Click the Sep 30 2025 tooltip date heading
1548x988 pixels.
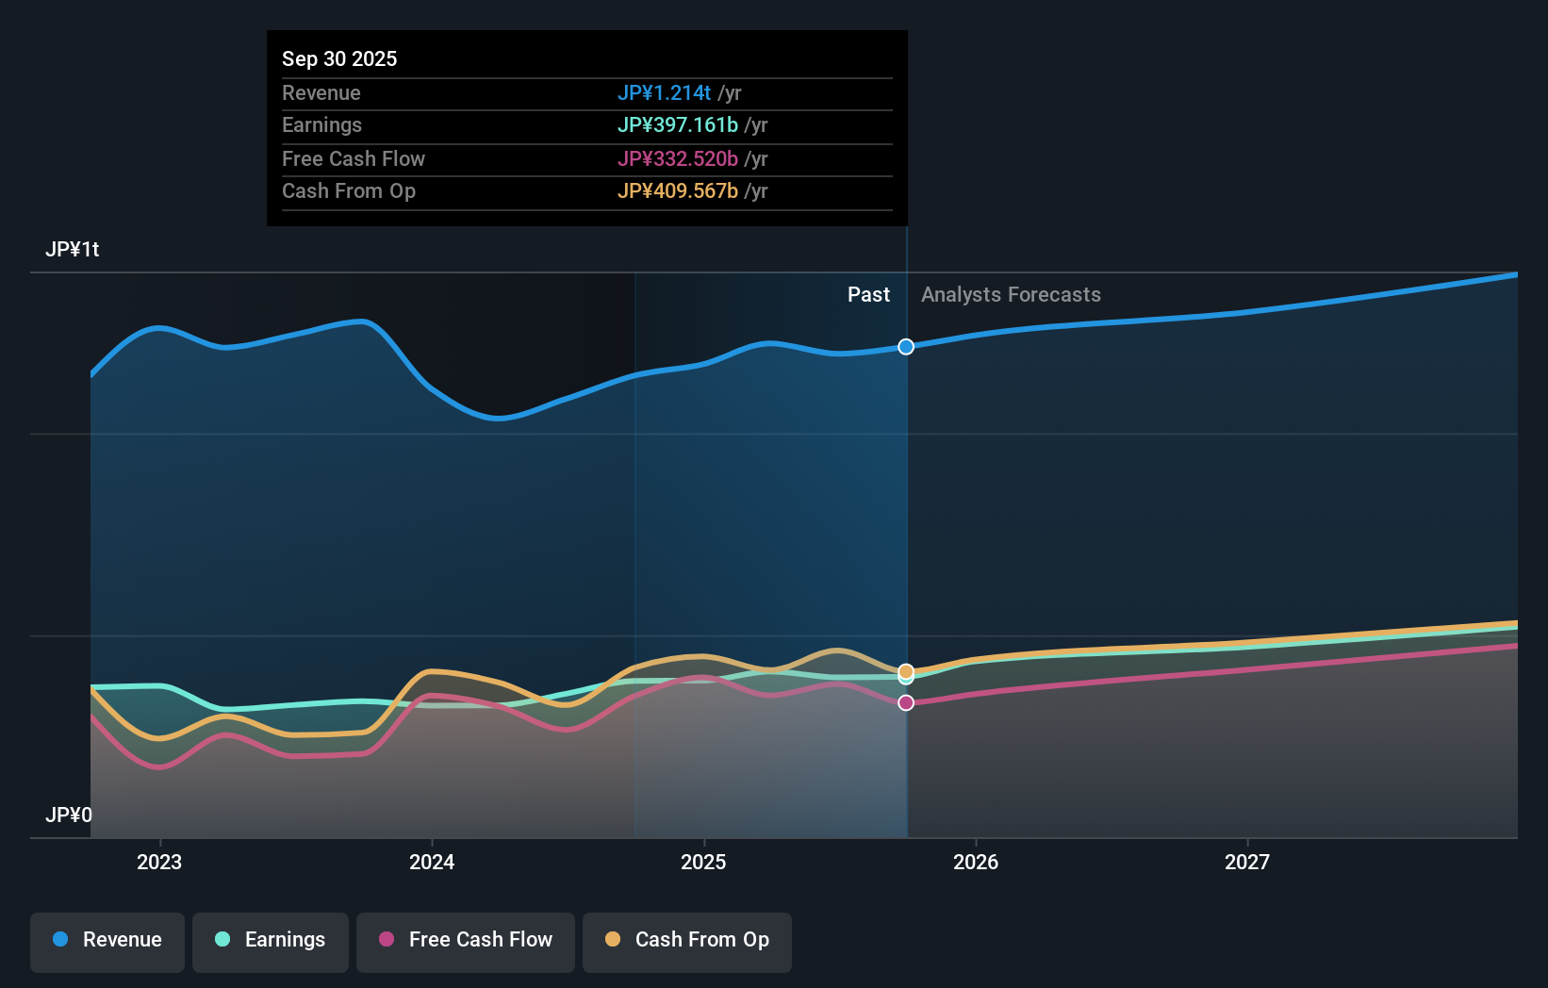[339, 58]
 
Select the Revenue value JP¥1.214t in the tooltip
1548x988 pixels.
[664, 92]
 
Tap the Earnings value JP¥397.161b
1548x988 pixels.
[677, 124]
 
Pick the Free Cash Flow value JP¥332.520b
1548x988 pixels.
[677, 158]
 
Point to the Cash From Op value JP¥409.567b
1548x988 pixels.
[677, 190]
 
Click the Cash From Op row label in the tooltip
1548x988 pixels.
[349, 190]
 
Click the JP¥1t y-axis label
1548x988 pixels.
[72, 249]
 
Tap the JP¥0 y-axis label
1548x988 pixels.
[68, 815]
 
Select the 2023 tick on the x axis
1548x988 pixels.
[159, 862]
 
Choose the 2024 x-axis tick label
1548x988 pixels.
[432, 862]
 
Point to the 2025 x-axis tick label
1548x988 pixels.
[703, 862]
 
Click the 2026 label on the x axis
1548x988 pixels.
[976, 862]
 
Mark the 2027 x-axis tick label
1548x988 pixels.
[1247, 862]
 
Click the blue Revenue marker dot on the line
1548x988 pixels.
[906, 347]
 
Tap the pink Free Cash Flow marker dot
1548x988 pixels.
[906, 702]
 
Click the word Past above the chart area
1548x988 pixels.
[868, 294]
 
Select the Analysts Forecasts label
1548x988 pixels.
[1011, 294]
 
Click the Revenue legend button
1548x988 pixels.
[107, 940]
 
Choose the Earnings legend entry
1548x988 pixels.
[271, 940]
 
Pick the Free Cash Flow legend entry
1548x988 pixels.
[466, 940]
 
